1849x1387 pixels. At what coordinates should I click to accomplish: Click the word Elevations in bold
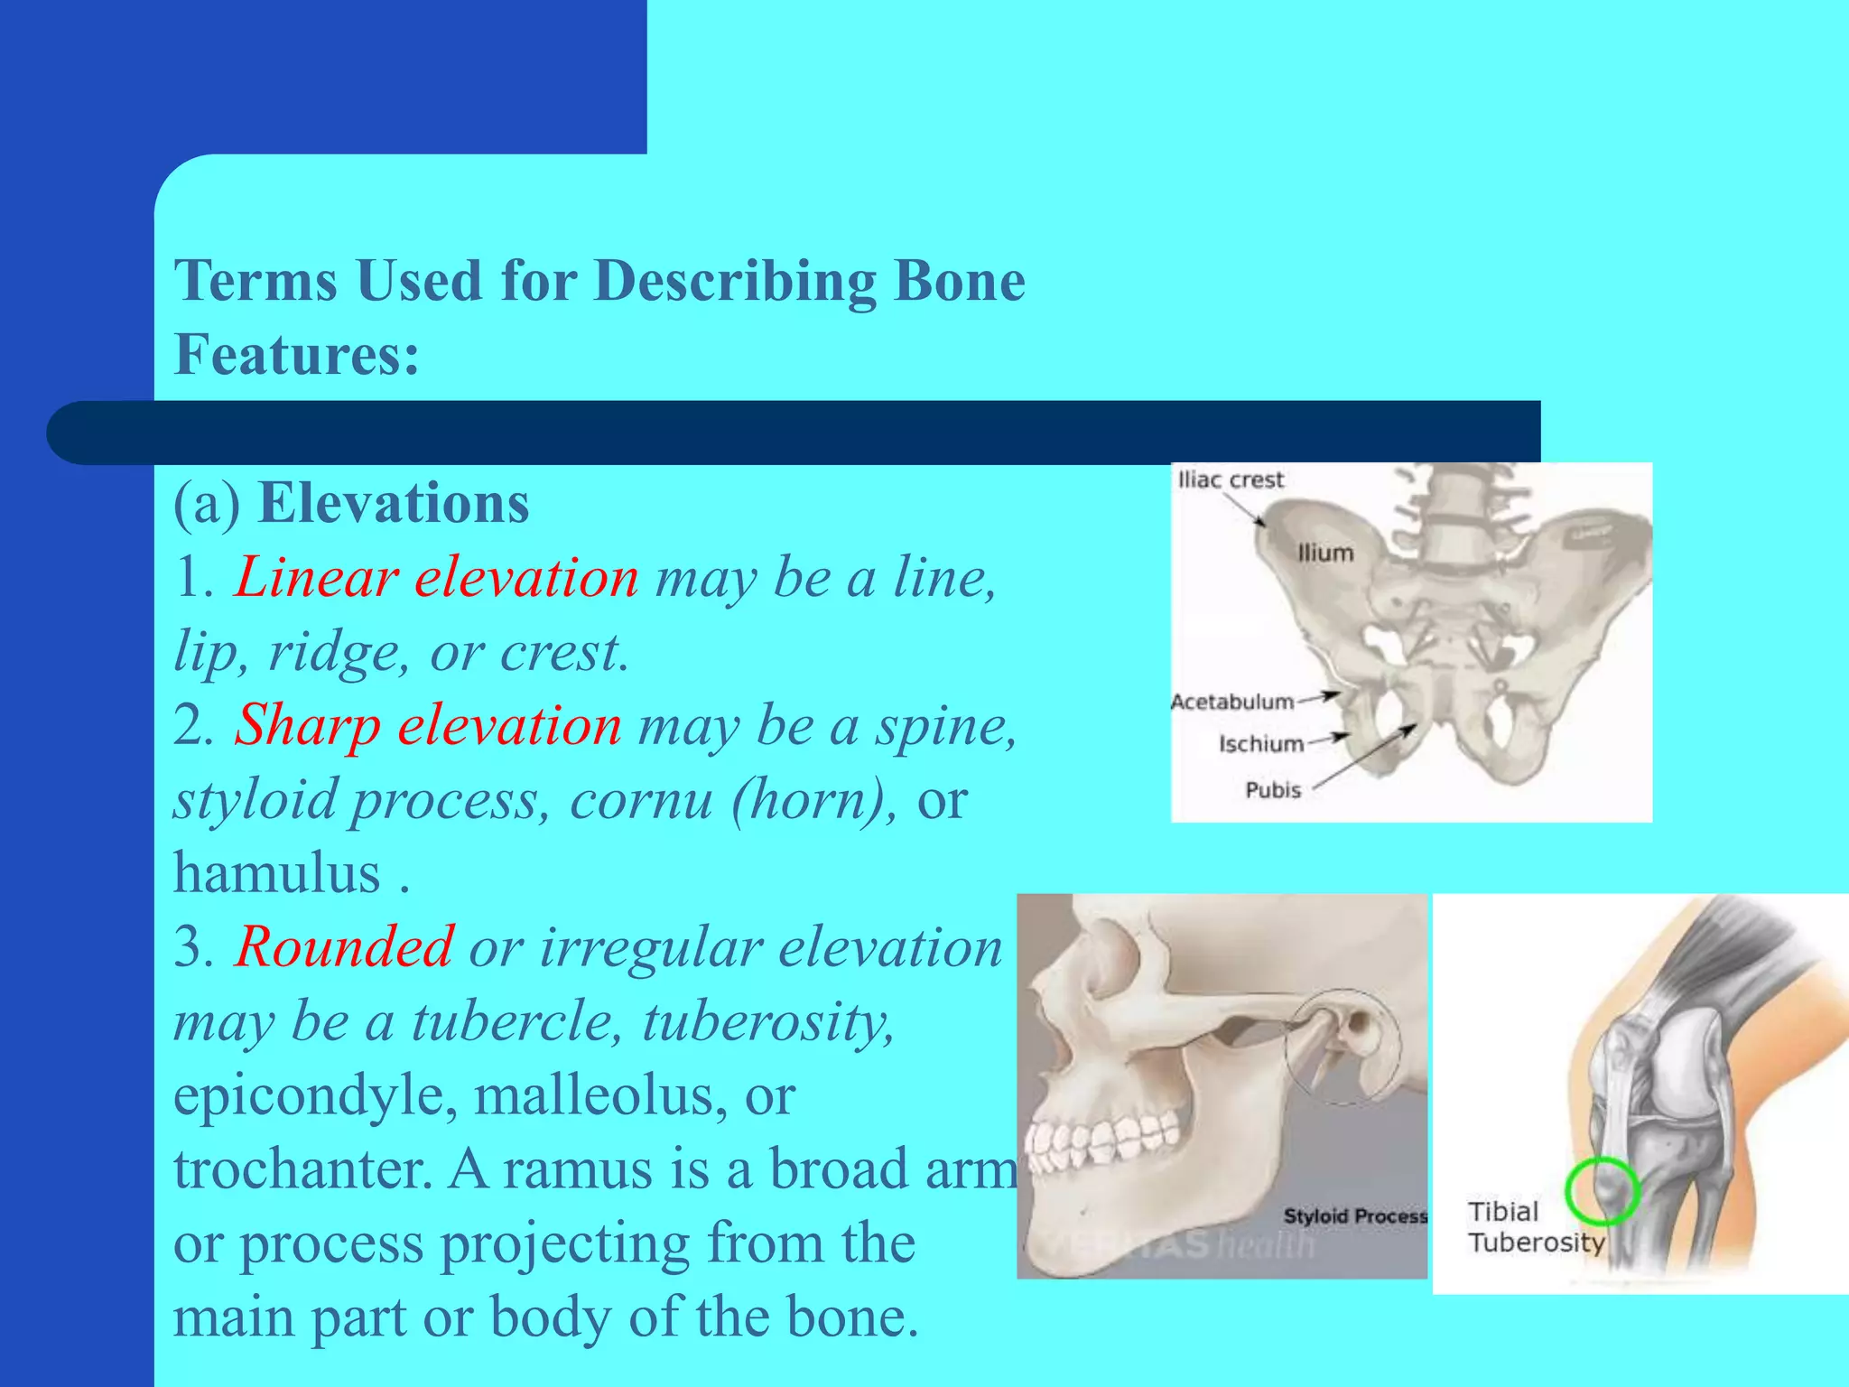(394, 503)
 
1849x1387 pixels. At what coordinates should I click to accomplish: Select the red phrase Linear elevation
(436, 577)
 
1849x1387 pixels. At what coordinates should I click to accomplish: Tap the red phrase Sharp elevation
(428, 725)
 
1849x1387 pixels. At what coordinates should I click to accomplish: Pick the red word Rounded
(343, 947)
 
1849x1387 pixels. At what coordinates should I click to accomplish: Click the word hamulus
(277, 873)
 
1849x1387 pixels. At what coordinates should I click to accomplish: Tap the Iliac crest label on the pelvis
(1230, 480)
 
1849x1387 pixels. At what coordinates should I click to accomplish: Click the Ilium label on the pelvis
(1325, 553)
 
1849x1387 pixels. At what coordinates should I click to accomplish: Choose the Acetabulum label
(1231, 702)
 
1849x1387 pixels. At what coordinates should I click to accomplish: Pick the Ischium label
(1260, 744)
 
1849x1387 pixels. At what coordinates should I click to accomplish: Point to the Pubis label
(1273, 790)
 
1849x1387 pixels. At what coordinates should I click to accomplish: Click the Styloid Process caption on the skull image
(1354, 1216)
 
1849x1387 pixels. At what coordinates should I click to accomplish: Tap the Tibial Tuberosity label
(1535, 1227)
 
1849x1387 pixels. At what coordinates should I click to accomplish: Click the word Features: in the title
(297, 355)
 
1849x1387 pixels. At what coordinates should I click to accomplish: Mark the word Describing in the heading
(735, 281)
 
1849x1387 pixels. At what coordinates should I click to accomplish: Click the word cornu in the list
(641, 799)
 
